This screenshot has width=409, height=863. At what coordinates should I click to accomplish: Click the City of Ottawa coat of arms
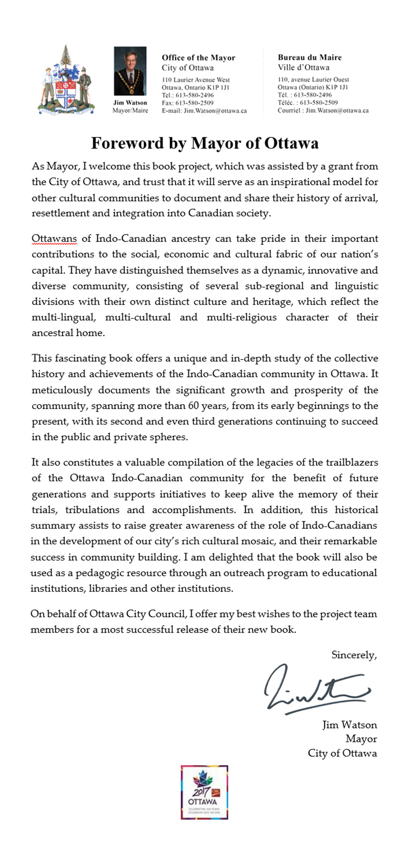tap(66, 81)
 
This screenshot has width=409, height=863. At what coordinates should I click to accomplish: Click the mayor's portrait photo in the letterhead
tap(130, 71)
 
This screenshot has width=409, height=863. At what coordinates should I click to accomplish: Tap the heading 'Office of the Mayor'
tap(198, 58)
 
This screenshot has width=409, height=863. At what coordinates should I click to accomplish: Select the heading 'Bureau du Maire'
tap(309, 57)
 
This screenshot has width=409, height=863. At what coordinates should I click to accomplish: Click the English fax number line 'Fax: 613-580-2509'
tap(187, 103)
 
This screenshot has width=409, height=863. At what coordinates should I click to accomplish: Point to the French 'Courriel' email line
tap(323, 111)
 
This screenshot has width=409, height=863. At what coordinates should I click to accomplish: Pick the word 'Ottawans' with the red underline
tap(54, 238)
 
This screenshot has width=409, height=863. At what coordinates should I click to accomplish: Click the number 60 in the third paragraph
tap(193, 405)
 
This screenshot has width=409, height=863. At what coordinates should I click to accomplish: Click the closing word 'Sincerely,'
tap(354, 655)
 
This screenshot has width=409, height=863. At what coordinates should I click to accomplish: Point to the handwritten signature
tap(316, 691)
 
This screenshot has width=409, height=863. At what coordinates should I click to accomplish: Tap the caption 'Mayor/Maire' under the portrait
tap(130, 111)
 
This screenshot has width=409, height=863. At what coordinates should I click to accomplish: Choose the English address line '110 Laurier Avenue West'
tap(196, 80)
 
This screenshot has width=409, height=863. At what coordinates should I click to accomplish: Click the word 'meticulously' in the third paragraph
tap(62, 390)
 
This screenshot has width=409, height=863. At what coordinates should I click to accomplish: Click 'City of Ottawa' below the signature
tap(342, 753)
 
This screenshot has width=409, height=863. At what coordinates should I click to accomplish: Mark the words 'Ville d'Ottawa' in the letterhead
tap(303, 67)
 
